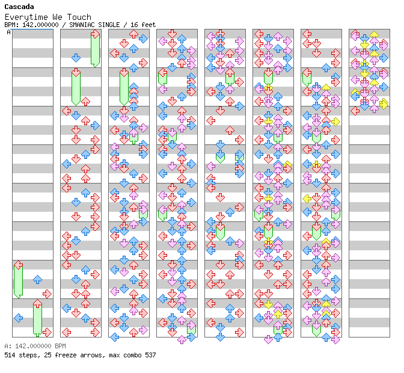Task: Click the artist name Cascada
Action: [x=19, y=7]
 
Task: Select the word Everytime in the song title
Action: [x=26, y=17]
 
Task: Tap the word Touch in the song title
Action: [x=79, y=17]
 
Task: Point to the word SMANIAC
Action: [x=81, y=25]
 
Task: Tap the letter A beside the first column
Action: [x=8, y=32]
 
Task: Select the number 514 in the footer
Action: [x=10, y=355]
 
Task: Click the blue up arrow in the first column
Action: [x=38, y=279]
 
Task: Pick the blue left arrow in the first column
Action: [x=18, y=318]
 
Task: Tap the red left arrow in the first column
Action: [x=18, y=265]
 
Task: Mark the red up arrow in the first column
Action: [x=38, y=303]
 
